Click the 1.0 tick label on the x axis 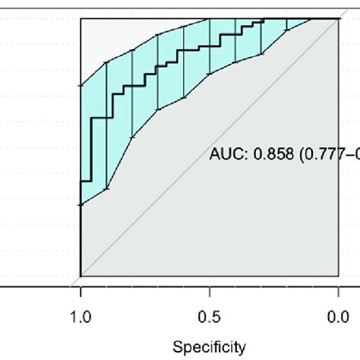pos(81,317)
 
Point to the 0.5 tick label pos(210,317)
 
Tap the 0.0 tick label pos(338,317)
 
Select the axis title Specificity pos(209,347)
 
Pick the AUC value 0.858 pos(273,153)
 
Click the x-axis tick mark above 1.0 pos(81,292)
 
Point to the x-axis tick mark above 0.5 pos(210,292)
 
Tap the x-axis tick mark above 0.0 pos(339,292)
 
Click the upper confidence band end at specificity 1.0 pos(81,86)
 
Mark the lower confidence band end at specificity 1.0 pos(81,204)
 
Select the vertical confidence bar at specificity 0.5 pos(210,46)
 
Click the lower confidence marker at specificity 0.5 pos(210,74)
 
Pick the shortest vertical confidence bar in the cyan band pos(287,24)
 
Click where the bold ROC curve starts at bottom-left pos(81,276)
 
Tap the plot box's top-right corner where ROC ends pos(339,18)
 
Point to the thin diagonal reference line pos(210,147)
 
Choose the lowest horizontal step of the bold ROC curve pos(86,182)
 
